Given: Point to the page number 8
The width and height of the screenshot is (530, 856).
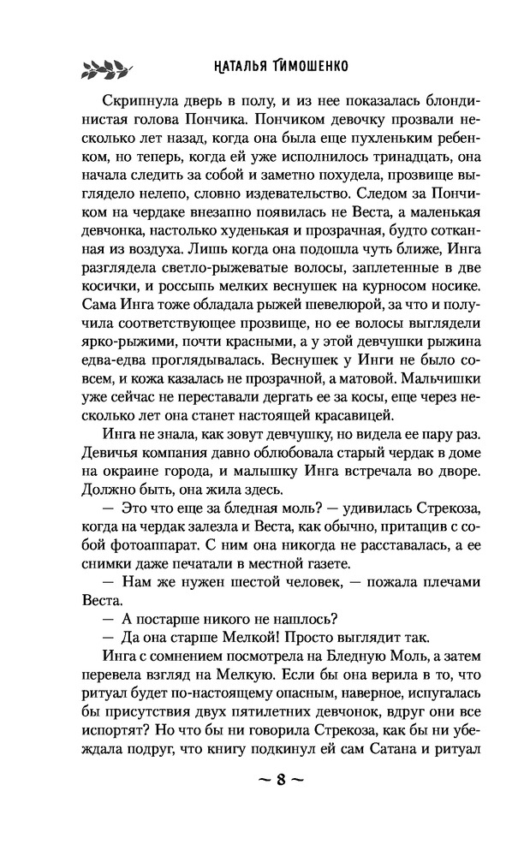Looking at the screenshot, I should (x=264, y=782).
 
